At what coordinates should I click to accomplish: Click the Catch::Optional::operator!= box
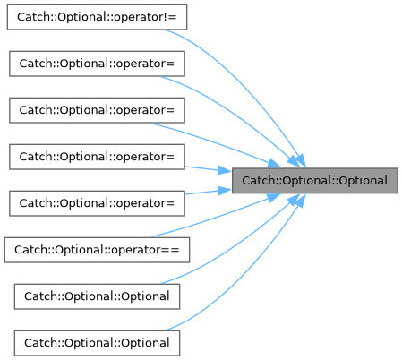point(97,17)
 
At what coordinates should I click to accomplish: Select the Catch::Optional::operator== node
point(97,250)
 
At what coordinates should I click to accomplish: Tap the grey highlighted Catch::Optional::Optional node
point(315,181)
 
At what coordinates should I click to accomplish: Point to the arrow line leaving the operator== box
point(215,217)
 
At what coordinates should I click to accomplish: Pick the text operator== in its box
point(145,250)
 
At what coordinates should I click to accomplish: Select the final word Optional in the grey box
point(364,181)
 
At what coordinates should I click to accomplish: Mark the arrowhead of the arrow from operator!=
point(299,160)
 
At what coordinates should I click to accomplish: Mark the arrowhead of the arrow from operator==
point(273,197)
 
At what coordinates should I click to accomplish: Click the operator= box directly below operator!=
point(97,64)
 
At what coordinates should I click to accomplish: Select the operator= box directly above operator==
point(97,203)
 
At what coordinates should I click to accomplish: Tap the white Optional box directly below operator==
point(97,296)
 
